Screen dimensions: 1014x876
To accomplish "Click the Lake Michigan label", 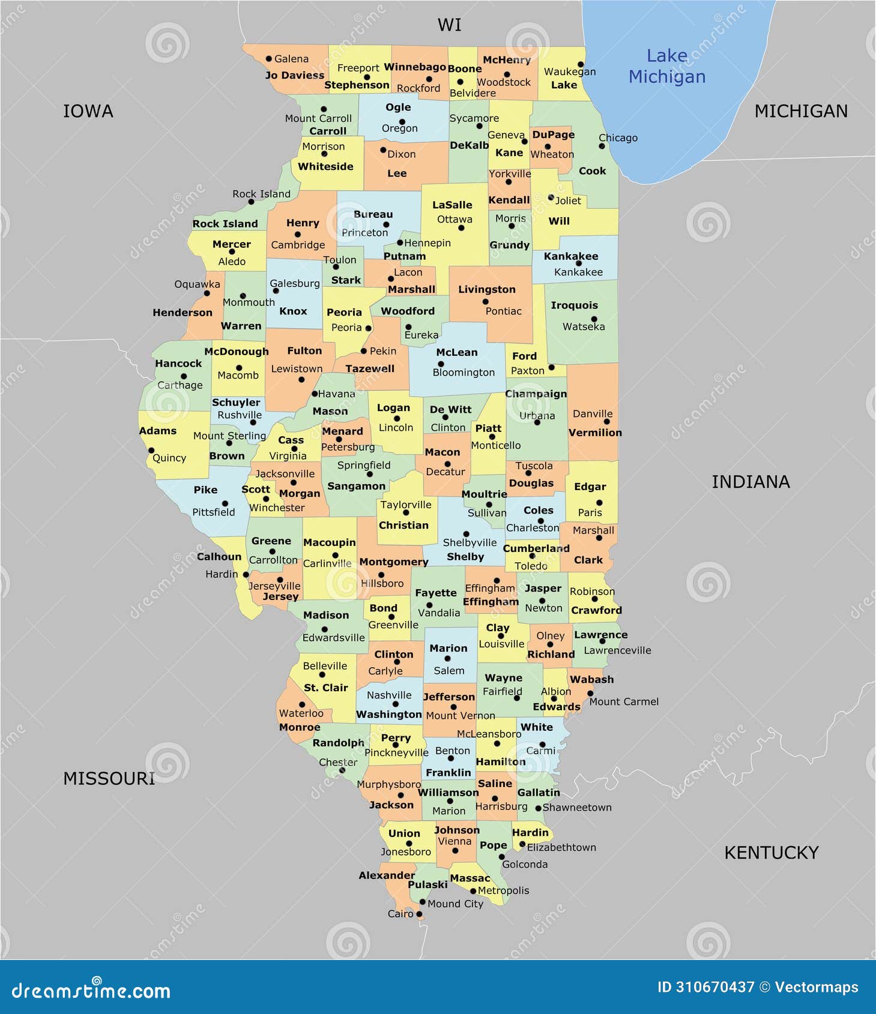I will (x=666, y=66).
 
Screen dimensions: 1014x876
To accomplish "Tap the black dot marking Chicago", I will (x=602, y=146).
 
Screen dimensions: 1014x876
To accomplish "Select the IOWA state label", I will (x=88, y=111).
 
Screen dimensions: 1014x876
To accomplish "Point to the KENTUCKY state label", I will (x=771, y=853).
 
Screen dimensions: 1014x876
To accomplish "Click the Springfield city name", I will (x=364, y=465).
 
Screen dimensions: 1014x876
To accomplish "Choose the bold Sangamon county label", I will (x=356, y=486).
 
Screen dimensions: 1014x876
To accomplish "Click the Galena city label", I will (x=291, y=59).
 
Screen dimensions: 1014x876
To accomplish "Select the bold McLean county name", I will (x=457, y=352).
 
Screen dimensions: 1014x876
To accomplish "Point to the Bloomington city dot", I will (x=441, y=364).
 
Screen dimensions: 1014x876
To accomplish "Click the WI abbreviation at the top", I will (x=449, y=25).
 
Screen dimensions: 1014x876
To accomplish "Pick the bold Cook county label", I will (x=592, y=171).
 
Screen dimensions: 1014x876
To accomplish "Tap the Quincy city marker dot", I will (x=151, y=450).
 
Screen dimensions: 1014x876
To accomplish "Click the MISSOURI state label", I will (x=109, y=778).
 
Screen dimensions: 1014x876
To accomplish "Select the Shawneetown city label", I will (x=577, y=808).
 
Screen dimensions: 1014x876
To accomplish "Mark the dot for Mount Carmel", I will (x=590, y=694).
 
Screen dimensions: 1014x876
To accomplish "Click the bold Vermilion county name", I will (x=595, y=433).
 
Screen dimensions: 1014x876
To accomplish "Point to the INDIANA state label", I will (x=751, y=482).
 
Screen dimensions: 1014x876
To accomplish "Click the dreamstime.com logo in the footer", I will (x=91, y=991).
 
